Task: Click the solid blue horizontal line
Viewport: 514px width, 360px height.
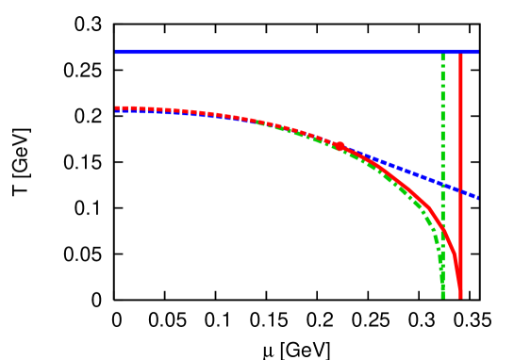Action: coord(283,52)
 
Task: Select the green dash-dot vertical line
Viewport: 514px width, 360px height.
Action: coord(442,113)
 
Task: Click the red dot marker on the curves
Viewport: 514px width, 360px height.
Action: coord(340,146)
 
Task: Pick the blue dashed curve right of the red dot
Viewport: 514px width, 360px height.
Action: coord(406,170)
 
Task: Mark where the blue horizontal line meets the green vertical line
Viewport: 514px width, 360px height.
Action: coord(442,52)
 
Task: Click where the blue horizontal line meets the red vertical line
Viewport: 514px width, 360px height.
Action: coord(460,52)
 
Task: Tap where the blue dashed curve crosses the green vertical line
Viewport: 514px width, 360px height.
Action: coord(442,183)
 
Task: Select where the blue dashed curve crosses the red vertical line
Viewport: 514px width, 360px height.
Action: coord(460,190)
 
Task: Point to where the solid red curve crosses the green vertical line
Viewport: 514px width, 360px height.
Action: coord(442,226)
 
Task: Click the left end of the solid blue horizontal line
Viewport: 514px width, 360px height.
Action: coord(116,52)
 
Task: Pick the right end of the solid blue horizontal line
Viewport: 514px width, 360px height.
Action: coord(477,52)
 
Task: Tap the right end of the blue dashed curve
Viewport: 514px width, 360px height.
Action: coord(478,198)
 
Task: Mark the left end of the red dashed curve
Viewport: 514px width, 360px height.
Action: coord(116,107)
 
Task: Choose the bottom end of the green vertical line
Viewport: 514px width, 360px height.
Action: coord(442,297)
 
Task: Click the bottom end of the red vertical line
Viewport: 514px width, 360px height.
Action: coord(460,297)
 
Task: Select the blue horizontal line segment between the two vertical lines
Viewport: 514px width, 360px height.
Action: coord(452,52)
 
